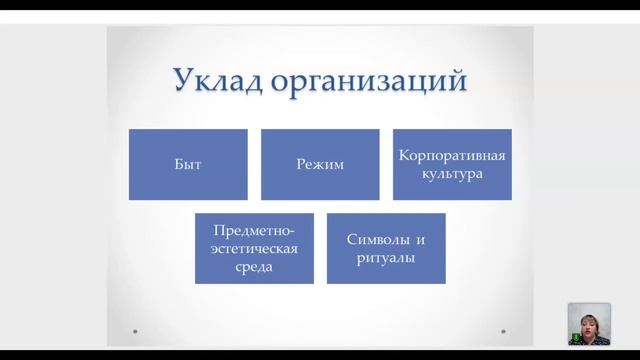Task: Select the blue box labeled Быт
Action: click(188, 164)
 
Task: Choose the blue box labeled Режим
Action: click(320, 164)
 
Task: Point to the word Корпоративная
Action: click(452, 156)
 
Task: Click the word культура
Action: click(452, 173)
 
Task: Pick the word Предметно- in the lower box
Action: click(254, 231)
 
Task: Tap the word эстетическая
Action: click(254, 248)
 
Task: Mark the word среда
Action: click(254, 266)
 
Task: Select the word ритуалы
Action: click(386, 257)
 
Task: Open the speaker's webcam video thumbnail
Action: click(589, 324)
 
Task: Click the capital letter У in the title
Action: click(183, 78)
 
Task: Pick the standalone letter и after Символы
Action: click(421, 240)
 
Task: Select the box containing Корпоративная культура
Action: click(452, 164)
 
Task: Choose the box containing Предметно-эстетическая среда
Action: click(254, 248)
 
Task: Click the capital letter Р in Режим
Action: click(300, 164)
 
